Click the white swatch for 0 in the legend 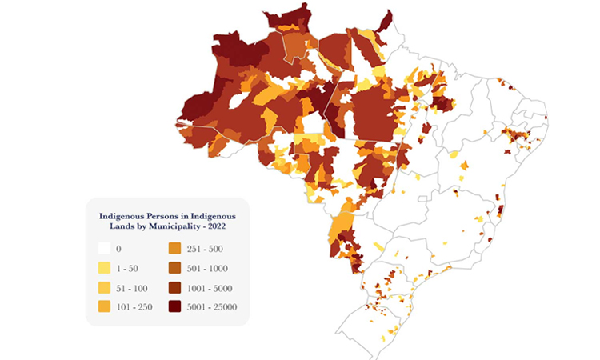pos(104,249)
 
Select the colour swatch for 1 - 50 pos(104,268)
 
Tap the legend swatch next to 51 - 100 pos(104,286)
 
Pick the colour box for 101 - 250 pos(104,306)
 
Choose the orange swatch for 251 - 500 pos(174,249)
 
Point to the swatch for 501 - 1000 pos(174,268)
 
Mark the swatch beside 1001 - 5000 pos(174,286)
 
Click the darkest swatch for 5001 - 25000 pos(174,306)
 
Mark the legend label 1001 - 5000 pos(208,287)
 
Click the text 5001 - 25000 pos(210,306)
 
